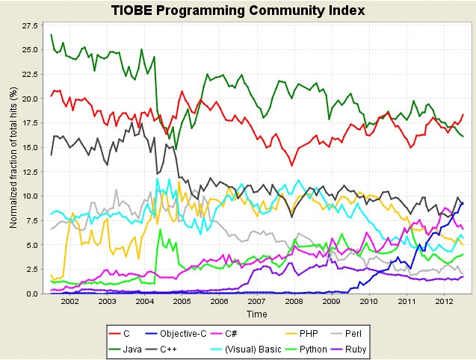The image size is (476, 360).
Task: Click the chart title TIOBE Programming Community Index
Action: point(238,10)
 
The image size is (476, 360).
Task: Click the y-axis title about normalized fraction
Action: point(13,158)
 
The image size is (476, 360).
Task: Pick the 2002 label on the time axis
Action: point(69,302)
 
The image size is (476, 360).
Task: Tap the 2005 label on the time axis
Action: point(182,302)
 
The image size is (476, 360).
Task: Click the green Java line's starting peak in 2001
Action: point(51,35)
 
